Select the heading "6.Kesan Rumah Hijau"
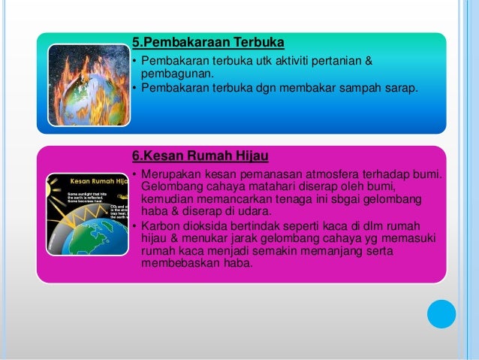point(200,156)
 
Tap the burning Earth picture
point(88,83)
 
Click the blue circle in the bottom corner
point(441,313)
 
